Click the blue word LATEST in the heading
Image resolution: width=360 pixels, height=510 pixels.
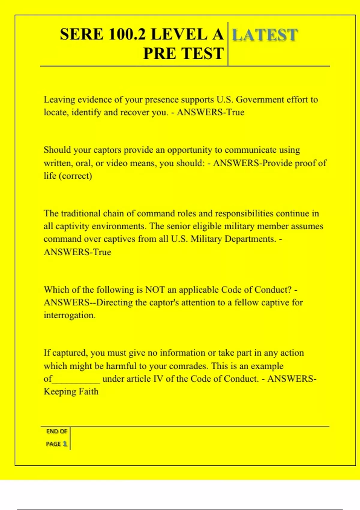pos(265,35)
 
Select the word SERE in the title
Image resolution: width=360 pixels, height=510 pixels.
pos(82,34)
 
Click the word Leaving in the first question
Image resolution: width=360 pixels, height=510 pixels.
pos(59,100)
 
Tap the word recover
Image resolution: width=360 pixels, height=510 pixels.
pos(137,112)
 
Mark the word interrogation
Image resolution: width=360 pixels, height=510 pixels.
pos(70,315)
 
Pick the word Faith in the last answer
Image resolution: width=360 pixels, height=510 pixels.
pos(88,391)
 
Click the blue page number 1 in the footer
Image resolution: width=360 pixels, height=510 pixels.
pos(65,444)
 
